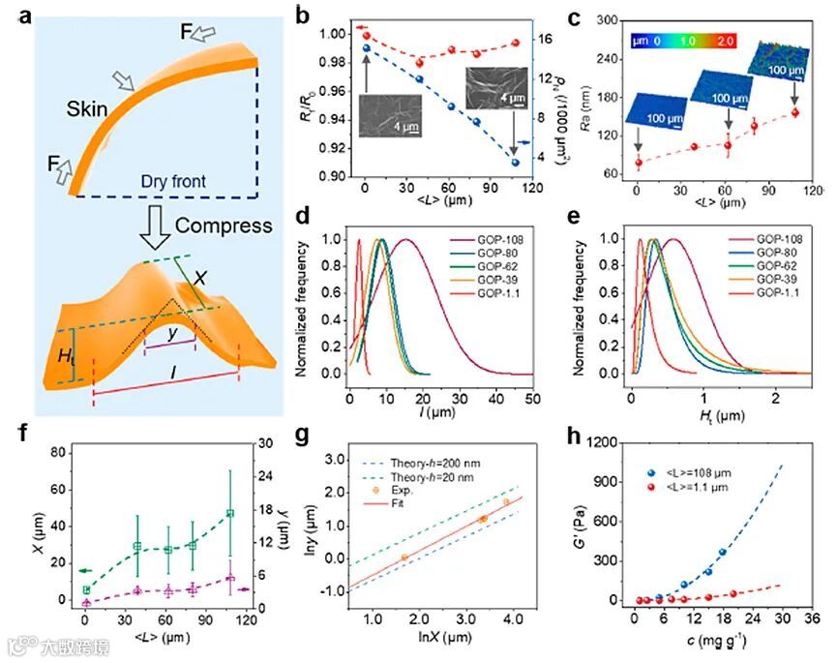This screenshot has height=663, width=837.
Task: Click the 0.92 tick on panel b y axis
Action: [x=330, y=149]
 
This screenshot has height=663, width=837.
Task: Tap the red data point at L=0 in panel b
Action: [x=366, y=35]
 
